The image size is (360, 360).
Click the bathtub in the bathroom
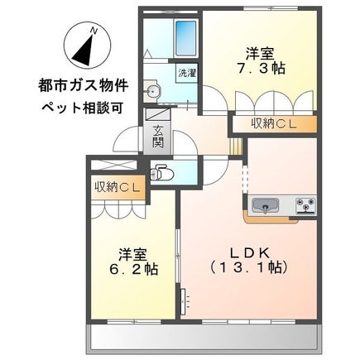click(185, 36)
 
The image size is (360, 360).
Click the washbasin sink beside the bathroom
click(152, 90)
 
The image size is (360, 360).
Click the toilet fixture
click(164, 175)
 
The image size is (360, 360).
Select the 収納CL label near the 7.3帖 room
click(271, 124)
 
